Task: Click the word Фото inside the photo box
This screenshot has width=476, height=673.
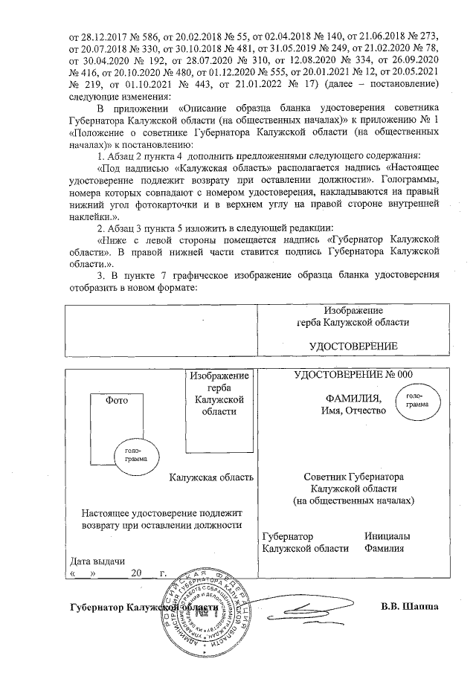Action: click(118, 399)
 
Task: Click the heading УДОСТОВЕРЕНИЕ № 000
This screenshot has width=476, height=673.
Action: click(353, 375)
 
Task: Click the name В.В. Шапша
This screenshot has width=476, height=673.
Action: click(409, 605)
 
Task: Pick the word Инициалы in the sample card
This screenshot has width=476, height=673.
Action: click(387, 536)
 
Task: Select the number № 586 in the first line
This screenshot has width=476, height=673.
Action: click(149, 36)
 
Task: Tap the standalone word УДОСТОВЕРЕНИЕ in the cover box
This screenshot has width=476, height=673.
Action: click(353, 347)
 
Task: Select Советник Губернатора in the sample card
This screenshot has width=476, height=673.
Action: click(353, 477)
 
